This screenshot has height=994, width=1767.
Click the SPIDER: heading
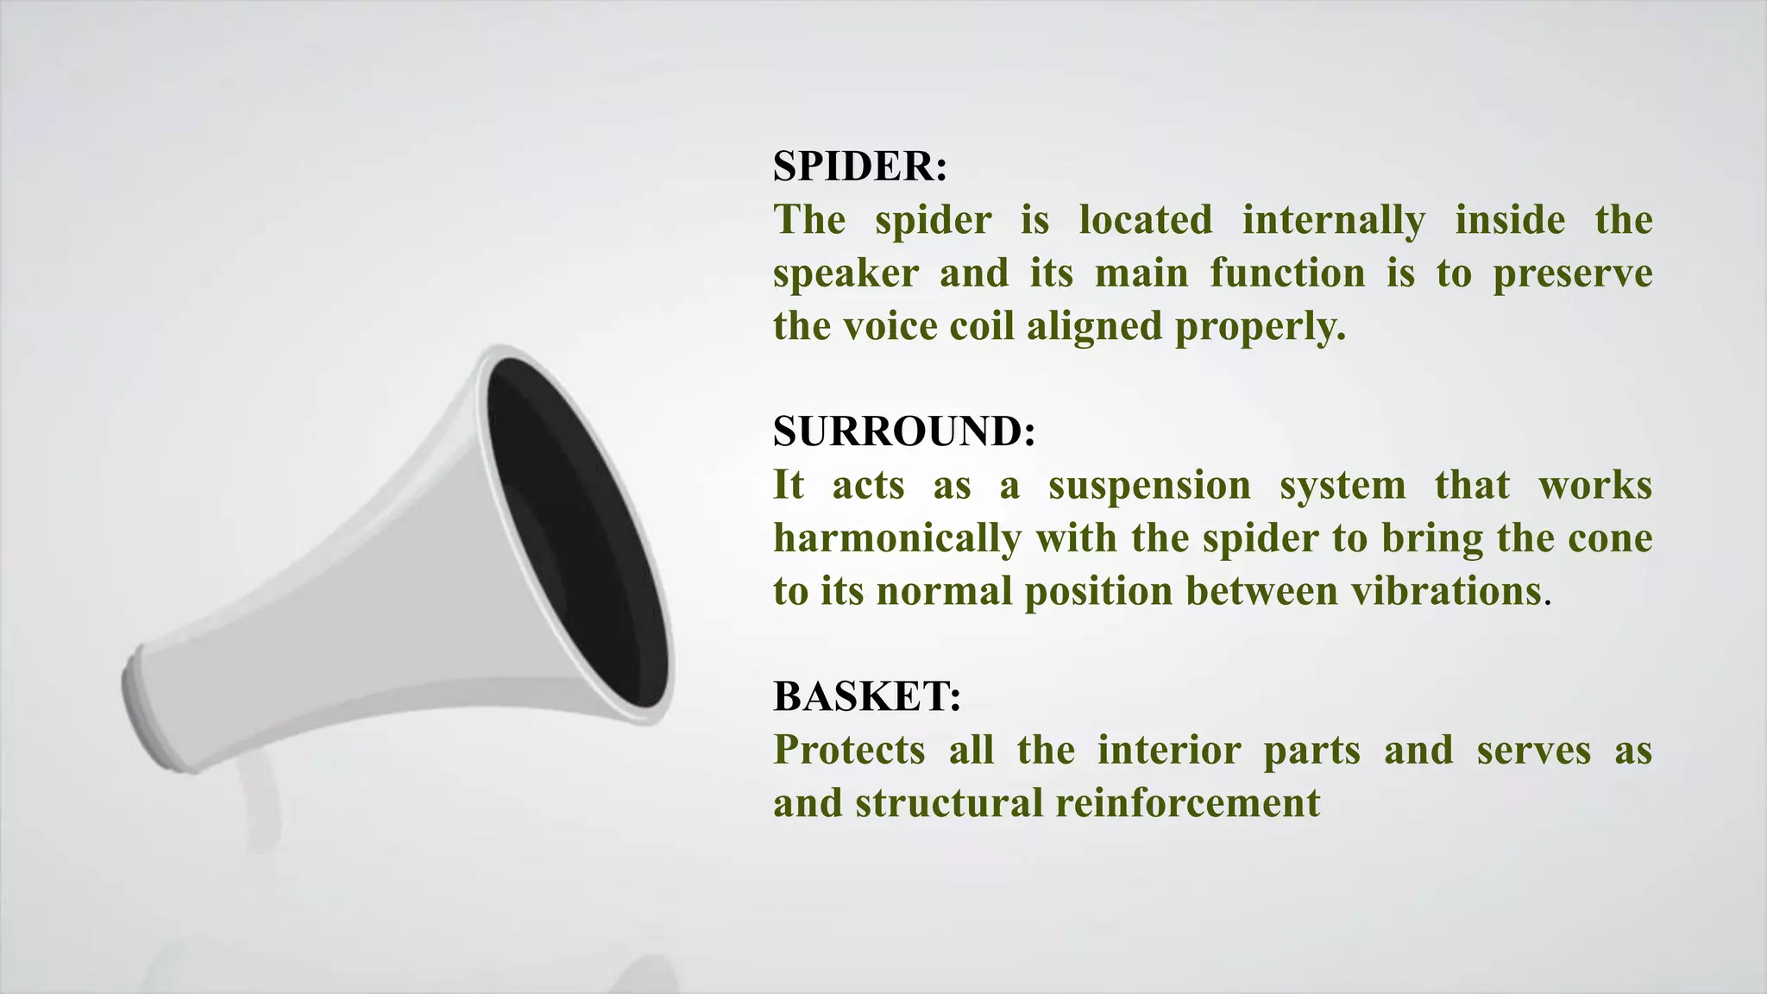click(859, 166)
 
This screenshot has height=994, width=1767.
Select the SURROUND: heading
click(903, 431)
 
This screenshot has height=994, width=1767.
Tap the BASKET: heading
click(866, 695)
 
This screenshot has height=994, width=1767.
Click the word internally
click(1333, 220)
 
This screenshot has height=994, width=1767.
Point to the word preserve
click(1572, 274)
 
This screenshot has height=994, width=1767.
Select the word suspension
click(1149, 485)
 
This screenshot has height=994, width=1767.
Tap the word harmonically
click(896, 538)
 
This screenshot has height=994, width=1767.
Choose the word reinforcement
click(1187, 802)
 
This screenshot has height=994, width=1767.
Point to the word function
click(1286, 274)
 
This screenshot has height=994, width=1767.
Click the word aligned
click(1094, 326)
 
